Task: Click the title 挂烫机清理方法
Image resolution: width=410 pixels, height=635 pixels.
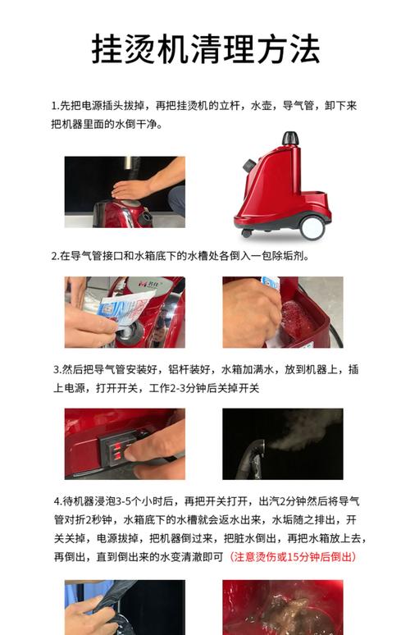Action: coord(206,48)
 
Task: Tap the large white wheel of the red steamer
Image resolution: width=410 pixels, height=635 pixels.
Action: coord(313,226)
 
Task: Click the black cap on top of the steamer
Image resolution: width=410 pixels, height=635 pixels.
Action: coord(290,138)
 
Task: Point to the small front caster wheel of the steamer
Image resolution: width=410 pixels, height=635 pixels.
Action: coord(247,233)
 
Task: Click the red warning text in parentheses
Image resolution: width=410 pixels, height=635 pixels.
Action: coord(293,557)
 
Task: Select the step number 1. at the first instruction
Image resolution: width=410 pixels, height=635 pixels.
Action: coord(56,106)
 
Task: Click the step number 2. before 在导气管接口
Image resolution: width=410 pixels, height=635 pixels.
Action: coord(56,256)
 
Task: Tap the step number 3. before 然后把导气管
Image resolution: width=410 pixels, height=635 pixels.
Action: coord(57,370)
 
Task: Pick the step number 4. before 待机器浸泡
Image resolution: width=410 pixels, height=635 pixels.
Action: coord(58,501)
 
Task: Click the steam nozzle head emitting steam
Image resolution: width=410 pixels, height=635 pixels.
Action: coord(256,450)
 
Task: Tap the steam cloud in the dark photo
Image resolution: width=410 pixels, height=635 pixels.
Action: coord(303,431)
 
